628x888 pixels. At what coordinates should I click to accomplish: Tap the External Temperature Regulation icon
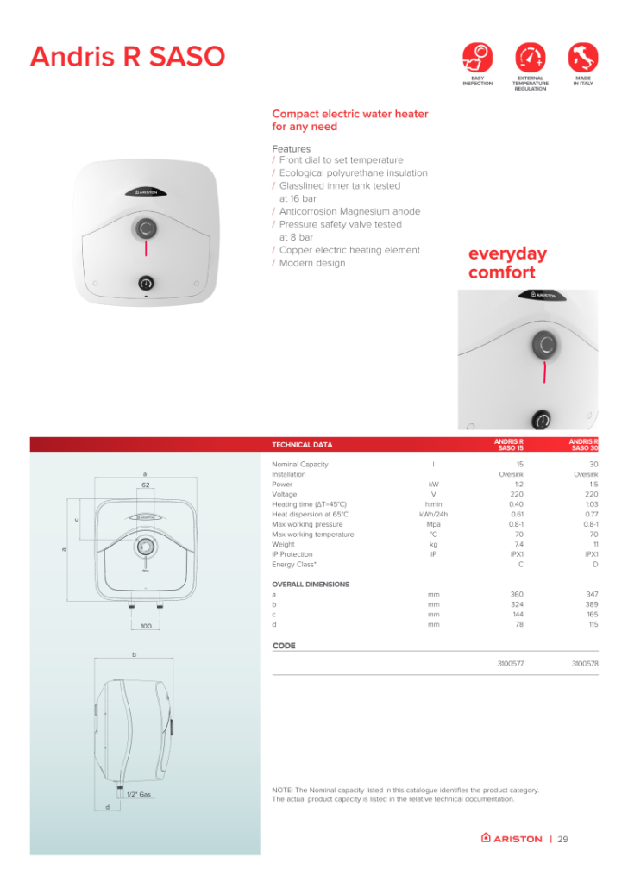530,58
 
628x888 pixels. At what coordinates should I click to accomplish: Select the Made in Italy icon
583,58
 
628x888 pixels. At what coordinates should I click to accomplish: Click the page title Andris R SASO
127,57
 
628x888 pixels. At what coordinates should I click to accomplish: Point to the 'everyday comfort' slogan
507,264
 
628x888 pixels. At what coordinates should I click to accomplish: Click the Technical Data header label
302,445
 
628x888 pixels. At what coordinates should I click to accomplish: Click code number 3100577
511,664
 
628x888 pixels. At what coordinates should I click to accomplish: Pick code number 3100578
585,664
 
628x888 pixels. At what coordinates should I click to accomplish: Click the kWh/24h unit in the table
433,515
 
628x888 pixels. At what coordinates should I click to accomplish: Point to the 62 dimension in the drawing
146,486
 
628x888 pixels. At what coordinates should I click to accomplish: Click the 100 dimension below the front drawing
146,626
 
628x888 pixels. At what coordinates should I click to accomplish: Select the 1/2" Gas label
139,794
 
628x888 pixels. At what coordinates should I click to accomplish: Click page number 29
563,838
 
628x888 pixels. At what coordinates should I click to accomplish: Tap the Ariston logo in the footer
512,838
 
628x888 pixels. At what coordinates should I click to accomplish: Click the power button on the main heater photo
146,282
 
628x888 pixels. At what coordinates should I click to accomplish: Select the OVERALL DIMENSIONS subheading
311,585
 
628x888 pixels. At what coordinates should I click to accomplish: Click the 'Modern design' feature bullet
311,263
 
